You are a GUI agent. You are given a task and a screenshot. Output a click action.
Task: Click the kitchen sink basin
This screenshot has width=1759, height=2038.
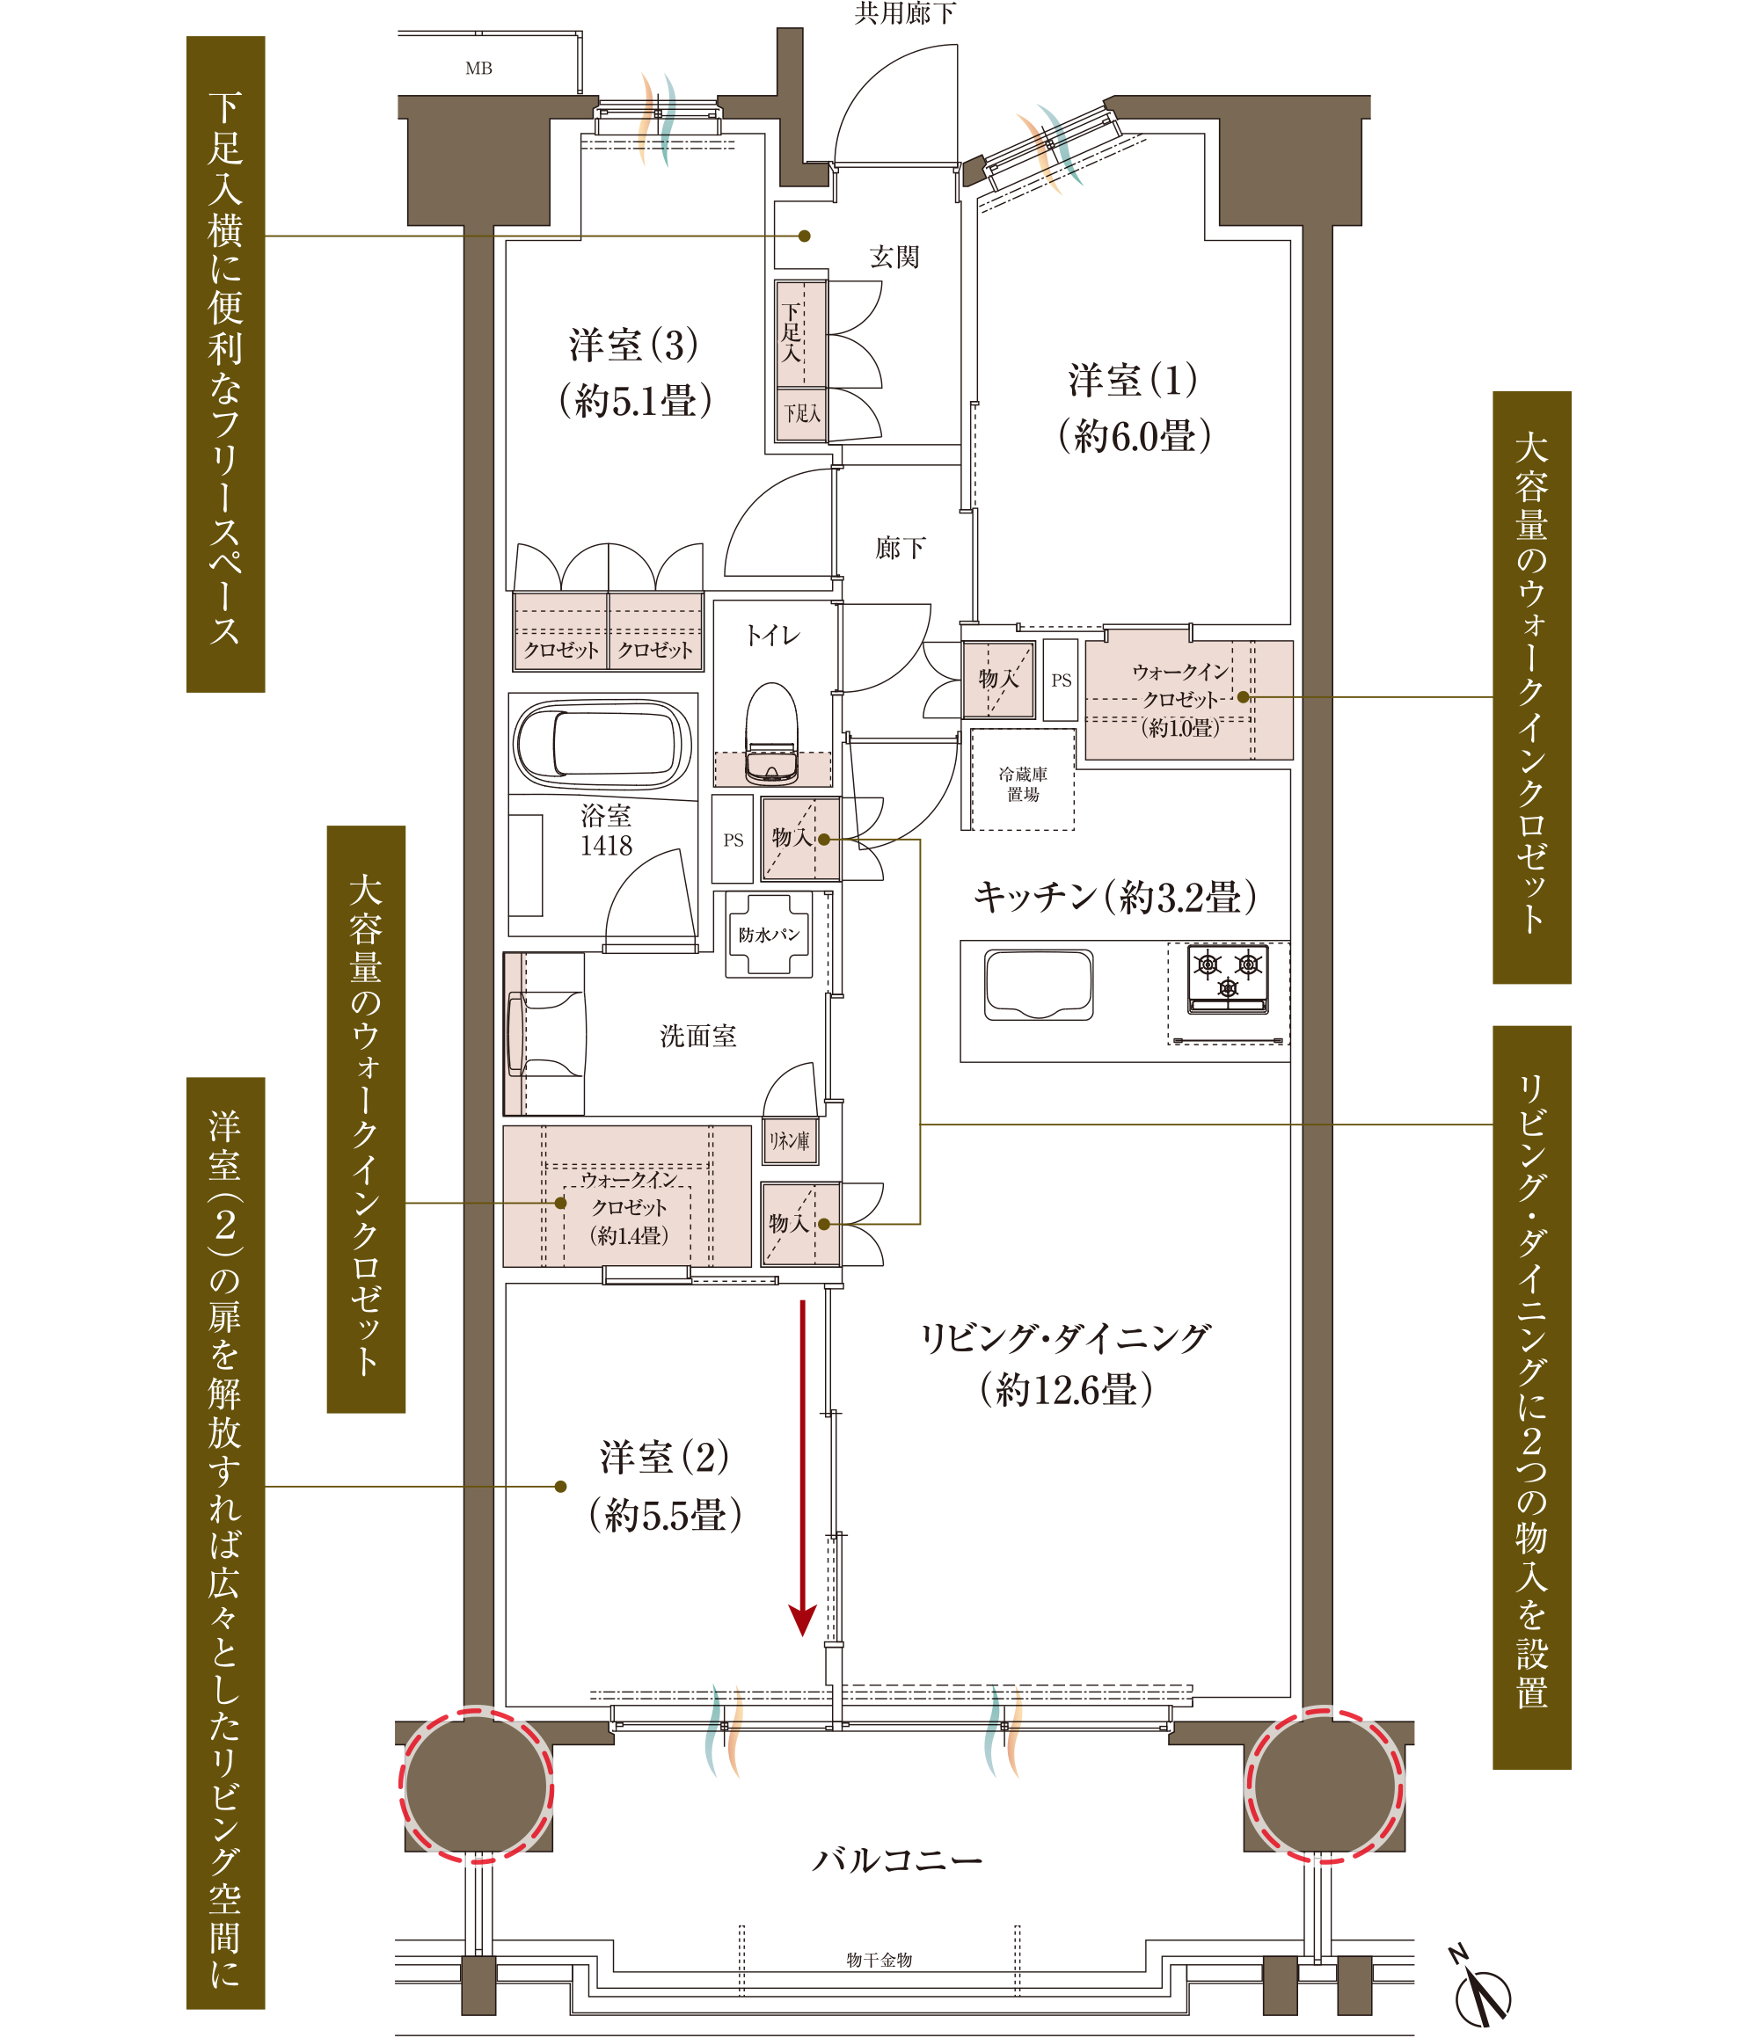(x=1038, y=985)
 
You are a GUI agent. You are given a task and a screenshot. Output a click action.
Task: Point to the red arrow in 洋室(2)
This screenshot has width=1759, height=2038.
(x=803, y=1467)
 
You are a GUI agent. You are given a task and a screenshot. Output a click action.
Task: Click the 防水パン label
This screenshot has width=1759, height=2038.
(x=770, y=935)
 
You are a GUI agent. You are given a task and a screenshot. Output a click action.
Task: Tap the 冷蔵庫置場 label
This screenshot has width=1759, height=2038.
(x=1022, y=784)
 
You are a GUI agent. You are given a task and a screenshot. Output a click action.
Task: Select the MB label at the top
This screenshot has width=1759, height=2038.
(x=478, y=68)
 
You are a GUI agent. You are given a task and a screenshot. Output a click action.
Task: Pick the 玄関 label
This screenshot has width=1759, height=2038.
(x=894, y=257)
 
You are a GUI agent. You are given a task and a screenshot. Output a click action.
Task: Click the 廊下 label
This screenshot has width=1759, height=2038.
(x=900, y=548)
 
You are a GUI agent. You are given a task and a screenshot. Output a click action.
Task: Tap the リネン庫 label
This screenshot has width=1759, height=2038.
(x=789, y=1141)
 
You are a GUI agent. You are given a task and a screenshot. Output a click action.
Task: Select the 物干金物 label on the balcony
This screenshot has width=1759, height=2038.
(x=879, y=1960)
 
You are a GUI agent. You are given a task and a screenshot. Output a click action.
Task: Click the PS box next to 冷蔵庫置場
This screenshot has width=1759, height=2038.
(x=1061, y=679)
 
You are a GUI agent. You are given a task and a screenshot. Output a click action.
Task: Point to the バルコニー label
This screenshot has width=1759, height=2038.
(x=896, y=1859)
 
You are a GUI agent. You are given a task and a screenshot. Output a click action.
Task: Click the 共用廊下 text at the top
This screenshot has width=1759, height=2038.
(x=904, y=13)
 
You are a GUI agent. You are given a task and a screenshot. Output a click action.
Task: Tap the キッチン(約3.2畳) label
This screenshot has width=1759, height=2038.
(x=1114, y=896)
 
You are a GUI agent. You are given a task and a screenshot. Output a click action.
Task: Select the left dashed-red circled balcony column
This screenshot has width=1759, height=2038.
(x=476, y=1784)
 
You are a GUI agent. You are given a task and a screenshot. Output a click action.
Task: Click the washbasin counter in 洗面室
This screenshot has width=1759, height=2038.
(x=544, y=1034)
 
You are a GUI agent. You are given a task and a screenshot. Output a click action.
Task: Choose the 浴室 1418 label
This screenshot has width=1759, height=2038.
(x=606, y=830)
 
